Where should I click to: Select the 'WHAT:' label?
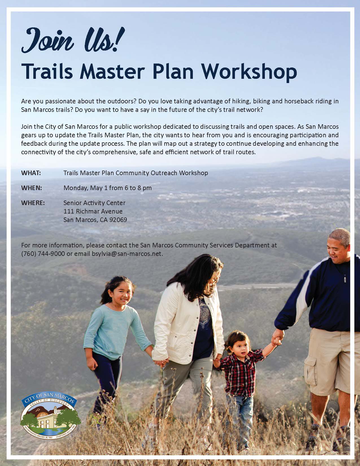[x=31, y=173]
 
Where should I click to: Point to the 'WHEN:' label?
[x=32, y=188]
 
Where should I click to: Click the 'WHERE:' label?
[x=33, y=203]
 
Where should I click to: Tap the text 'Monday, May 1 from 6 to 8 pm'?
[x=108, y=188]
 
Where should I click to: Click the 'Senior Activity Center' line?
[x=94, y=203]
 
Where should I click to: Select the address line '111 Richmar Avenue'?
[x=93, y=211]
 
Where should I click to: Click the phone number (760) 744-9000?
[x=43, y=254]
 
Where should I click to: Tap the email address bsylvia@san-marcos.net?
[x=127, y=254]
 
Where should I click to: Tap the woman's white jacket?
[x=181, y=319]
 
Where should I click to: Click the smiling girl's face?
[x=120, y=294]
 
